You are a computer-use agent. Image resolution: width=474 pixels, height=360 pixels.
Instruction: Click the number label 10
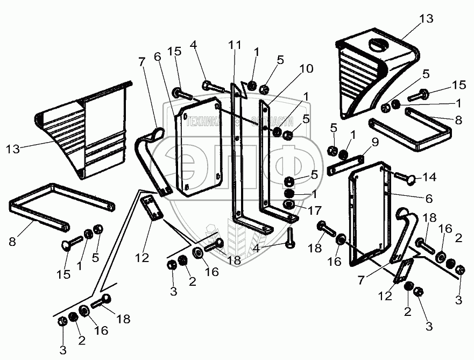pos(307,69)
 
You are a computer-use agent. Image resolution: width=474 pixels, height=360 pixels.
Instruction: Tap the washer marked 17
pos(289,205)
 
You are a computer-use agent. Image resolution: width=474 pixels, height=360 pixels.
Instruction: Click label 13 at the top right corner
pos(426,19)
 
